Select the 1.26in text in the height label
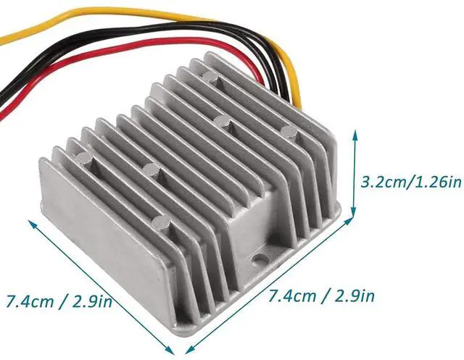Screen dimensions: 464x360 436,182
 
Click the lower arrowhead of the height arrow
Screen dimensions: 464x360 353,211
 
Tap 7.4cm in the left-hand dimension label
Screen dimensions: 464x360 30,302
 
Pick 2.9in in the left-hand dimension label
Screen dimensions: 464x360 92,301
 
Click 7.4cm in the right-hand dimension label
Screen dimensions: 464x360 291,296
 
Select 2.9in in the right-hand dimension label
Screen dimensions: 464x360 355,296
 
